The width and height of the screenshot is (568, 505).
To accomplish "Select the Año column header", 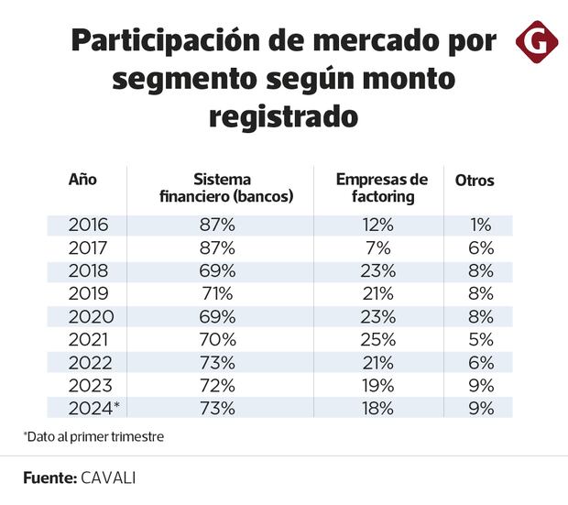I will tap(82, 180).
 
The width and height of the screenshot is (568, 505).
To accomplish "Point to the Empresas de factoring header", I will tap(382, 188).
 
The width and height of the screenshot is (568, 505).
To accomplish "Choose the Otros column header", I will tap(475, 181).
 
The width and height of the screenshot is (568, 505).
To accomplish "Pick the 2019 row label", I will tap(89, 294).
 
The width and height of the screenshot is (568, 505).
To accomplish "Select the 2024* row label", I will tap(93, 407).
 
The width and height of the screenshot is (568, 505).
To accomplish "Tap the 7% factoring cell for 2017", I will tap(377, 248).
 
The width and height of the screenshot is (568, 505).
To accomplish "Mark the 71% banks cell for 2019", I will tap(217, 294).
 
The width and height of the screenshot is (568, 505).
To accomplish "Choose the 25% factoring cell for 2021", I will tap(377, 339).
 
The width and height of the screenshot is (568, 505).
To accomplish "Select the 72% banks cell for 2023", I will tap(217, 385).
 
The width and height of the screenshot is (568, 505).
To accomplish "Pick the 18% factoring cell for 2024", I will tap(377, 407).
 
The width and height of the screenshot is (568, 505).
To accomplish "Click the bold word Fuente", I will tap(51, 478).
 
